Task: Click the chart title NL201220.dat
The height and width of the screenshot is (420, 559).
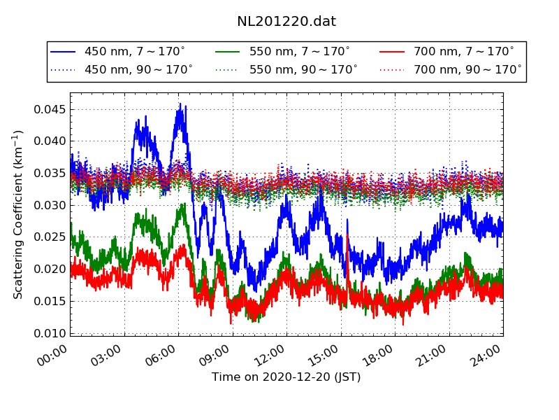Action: [286, 22]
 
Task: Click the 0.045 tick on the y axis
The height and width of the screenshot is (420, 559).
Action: [50, 109]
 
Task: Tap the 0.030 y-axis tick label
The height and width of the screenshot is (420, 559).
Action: [50, 205]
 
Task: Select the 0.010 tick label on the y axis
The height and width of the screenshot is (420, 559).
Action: [50, 333]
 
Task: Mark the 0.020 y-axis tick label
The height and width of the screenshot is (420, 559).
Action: [50, 269]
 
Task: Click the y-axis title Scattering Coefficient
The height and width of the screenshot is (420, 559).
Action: [19, 214]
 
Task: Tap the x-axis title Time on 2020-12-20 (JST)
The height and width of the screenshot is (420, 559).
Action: [286, 377]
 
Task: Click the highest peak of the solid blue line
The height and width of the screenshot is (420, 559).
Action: [180, 104]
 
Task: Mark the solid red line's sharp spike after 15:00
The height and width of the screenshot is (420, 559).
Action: [347, 235]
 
